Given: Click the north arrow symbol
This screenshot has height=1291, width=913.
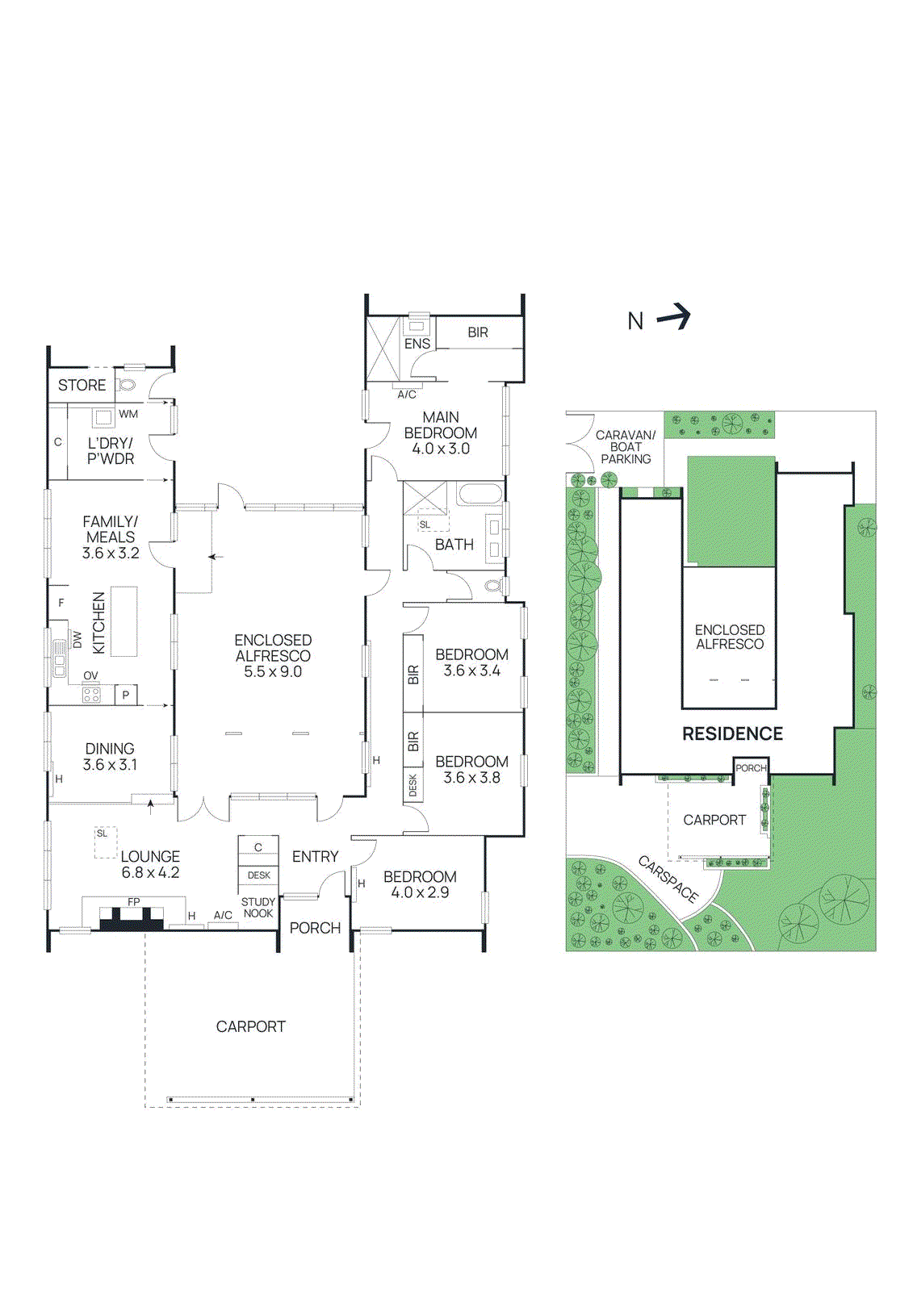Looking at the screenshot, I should click(675, 317).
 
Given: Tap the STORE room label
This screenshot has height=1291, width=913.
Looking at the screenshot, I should click(82, 386).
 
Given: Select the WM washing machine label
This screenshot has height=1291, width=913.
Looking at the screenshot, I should click(128, 414).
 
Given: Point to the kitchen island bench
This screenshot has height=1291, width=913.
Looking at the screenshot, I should click(124, 621).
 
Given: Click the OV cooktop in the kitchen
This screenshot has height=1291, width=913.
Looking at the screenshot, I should click(91, 693).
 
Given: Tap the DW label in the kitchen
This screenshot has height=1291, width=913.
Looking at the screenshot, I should click(77, 640).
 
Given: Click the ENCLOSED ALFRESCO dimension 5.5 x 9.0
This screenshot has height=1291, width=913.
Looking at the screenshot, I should click(273, 671).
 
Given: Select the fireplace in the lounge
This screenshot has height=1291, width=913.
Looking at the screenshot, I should click(132, 918).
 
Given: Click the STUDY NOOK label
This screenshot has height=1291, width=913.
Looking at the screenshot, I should click(258, 908).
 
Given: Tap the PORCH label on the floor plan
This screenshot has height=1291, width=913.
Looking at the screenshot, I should click(315, 928).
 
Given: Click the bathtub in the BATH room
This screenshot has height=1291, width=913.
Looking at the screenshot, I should click(480, 493).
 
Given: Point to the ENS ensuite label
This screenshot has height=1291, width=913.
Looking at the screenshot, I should click(417, 344).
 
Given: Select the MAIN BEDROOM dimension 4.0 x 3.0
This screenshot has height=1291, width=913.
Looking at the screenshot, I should click(441, 449).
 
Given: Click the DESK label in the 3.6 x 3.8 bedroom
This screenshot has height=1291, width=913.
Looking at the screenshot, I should click(413, 785).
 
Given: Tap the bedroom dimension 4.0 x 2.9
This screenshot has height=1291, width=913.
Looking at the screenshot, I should click(420, 892).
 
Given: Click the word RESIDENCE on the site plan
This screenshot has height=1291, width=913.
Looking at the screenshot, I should click(732, 733).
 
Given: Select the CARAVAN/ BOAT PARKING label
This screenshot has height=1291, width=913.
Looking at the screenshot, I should click(626, 447).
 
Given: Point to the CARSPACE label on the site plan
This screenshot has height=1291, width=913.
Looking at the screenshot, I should click(668, 879).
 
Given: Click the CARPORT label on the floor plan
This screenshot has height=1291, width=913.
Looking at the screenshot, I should click(250, 1026).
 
